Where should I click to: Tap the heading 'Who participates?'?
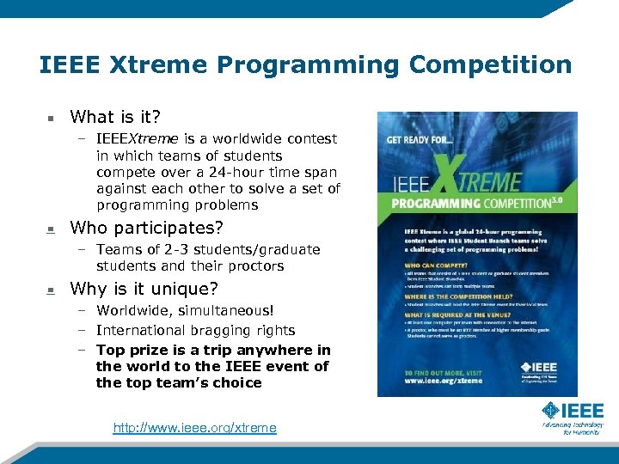pos(146,228)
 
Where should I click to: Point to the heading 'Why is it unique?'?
pos(144,289)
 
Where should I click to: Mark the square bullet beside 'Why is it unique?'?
pos(51,290)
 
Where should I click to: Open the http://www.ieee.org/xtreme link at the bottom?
pos(194,428)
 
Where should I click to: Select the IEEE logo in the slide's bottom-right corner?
pos(572,418)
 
